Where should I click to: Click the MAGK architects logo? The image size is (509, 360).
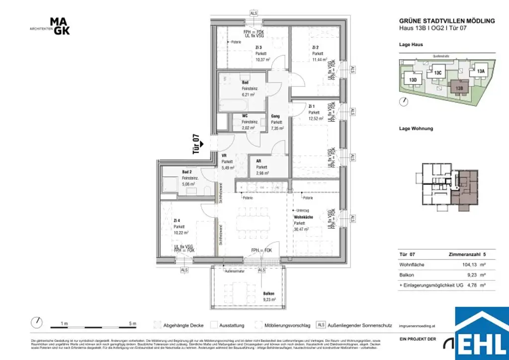60,26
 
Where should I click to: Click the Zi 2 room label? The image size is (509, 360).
315,47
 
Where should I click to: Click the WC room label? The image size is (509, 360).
245,116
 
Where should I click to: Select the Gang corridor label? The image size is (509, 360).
275,116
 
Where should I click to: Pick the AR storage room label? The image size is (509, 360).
259,161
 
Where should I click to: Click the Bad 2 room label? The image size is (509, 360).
187,172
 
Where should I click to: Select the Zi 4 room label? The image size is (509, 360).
177,220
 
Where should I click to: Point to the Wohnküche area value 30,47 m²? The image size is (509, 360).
302,229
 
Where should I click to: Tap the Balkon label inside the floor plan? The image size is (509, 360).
269,293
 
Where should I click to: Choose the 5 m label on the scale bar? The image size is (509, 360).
132,324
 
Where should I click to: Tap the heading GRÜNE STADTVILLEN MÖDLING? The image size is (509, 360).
447,21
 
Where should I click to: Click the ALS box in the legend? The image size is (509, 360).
321,325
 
